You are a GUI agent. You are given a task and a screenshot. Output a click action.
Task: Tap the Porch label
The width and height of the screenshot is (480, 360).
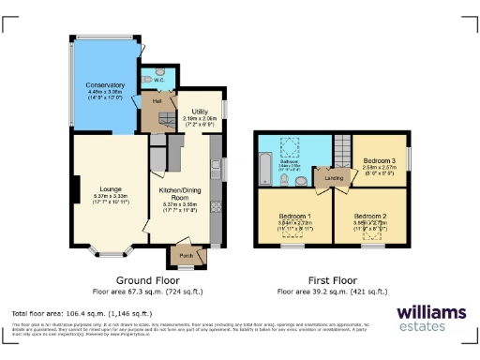pos(184,253)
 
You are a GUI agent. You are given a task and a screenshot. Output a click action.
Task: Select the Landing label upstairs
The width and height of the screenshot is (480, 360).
pos(333,177)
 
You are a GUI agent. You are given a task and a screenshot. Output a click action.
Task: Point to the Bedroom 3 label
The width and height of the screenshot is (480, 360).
pos(380,160)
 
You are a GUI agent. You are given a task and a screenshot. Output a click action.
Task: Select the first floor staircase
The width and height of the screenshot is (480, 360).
pos(342,148)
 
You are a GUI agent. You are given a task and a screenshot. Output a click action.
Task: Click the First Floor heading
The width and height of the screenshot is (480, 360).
pos(334,280)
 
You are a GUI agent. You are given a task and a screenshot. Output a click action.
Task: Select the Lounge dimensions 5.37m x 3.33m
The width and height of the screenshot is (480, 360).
pos(109,196)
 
